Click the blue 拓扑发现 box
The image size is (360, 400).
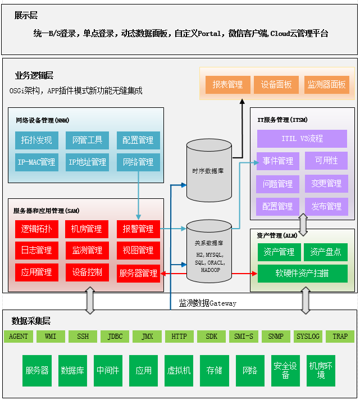[37, 140]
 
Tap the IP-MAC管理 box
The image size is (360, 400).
[37, 162]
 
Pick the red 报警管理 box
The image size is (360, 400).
[138, 229]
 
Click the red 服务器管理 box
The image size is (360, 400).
[138, 273]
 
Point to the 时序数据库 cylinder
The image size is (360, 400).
[208, 171]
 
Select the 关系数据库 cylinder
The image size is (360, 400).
[208, 251]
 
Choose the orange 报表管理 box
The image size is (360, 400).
[227, 84]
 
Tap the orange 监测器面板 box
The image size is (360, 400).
[326, 84]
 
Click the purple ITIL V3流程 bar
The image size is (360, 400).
[302, 138]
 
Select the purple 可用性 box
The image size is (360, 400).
[326, 161]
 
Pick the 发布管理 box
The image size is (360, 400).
[326, 206]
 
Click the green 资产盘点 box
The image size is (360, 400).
[326, 252]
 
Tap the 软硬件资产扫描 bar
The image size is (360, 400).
[302, 274]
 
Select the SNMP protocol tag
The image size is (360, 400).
[276, 337]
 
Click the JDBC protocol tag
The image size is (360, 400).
[115, 337]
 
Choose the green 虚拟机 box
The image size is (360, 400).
[179, 370]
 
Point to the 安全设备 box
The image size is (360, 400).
[285, 370]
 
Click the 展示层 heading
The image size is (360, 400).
[26, 16]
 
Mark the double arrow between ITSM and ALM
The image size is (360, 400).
[303, 224]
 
